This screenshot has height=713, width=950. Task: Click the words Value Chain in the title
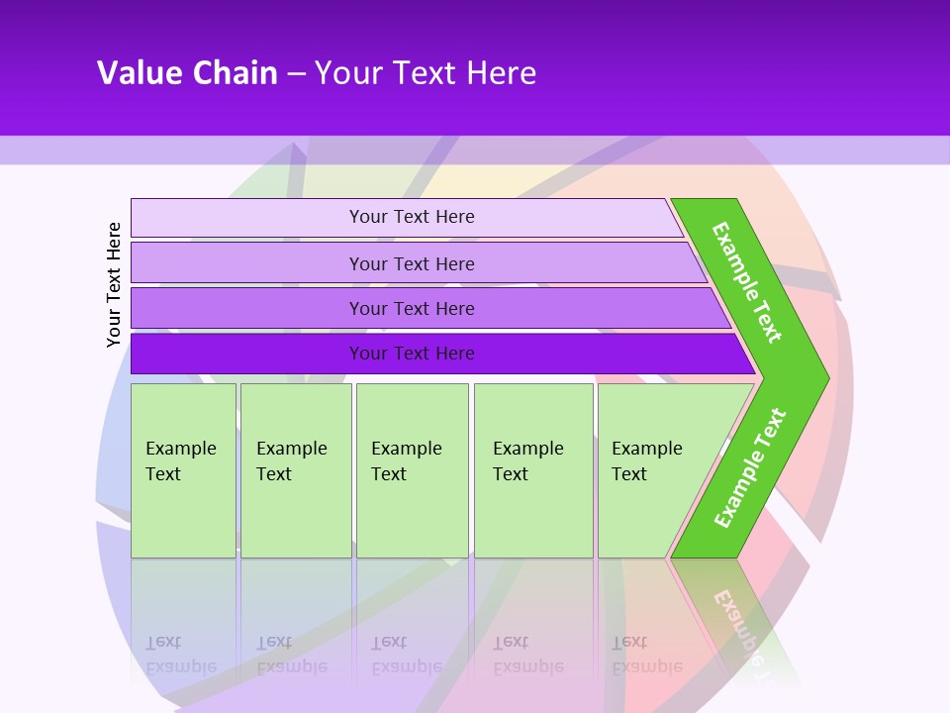(x=187, y=73)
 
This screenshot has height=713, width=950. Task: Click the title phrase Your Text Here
(x=426, y=73)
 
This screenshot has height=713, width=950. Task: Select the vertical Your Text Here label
(x=114, y=284)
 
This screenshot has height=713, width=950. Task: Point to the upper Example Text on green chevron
(x=747, y=282)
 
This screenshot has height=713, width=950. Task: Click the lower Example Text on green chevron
(x=750, y=467)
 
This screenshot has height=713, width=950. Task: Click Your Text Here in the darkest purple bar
(x=412, y=354)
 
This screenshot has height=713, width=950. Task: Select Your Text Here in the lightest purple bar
(x=412, y=217)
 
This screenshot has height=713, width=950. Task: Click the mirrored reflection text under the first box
(x=180, y=655)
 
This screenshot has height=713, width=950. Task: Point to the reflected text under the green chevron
(x=737, y=624)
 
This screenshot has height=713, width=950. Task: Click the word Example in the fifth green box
(x=646, y=449)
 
